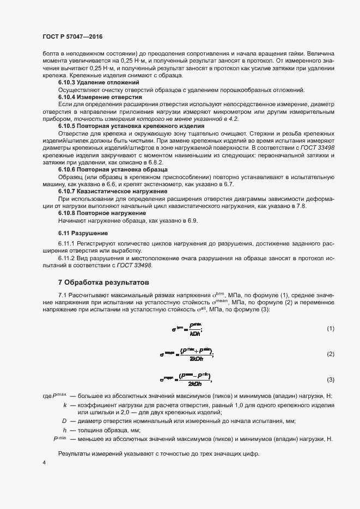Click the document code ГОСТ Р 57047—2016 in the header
click(72, 37)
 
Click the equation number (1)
click(330, 329)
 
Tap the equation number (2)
click(330, 354)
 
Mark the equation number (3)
click(330, 379)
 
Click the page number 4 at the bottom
click(44, 463)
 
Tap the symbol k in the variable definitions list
click(65, 406)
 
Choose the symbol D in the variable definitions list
click(64, 421)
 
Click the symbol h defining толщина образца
click(65, 430)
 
